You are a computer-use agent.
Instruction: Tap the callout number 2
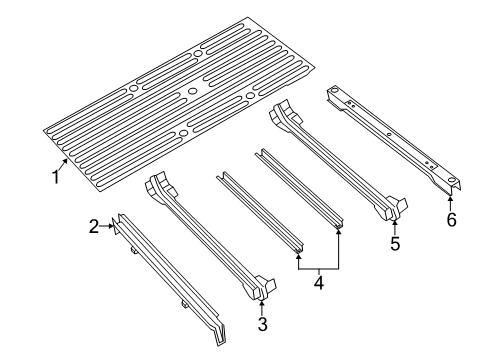pyautogui.click(x=94, y=227)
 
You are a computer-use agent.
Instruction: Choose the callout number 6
pyautogui.click(x=451, y=219)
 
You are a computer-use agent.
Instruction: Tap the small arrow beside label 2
pyautogui.click(x=108, y=227)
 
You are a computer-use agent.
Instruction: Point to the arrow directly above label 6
pyautogui.click(x=451, y=200)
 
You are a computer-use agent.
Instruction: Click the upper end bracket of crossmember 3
pyautogui.click(x=156, y=186)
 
